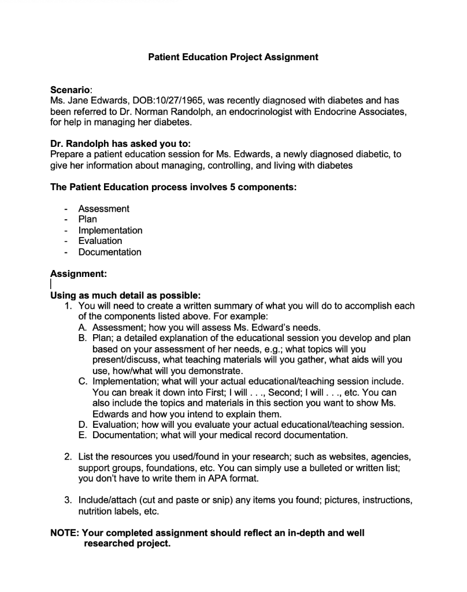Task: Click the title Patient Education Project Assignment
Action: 233,57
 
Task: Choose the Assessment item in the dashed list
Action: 103,209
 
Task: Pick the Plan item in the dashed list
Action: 87,219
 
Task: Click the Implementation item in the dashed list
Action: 110,230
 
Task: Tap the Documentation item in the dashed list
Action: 110,252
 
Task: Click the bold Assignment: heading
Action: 78,273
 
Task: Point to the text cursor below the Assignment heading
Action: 51,284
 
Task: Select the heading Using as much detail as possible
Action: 125,295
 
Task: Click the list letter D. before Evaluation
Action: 83,424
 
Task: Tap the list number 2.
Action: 68,457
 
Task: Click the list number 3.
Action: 68,500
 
